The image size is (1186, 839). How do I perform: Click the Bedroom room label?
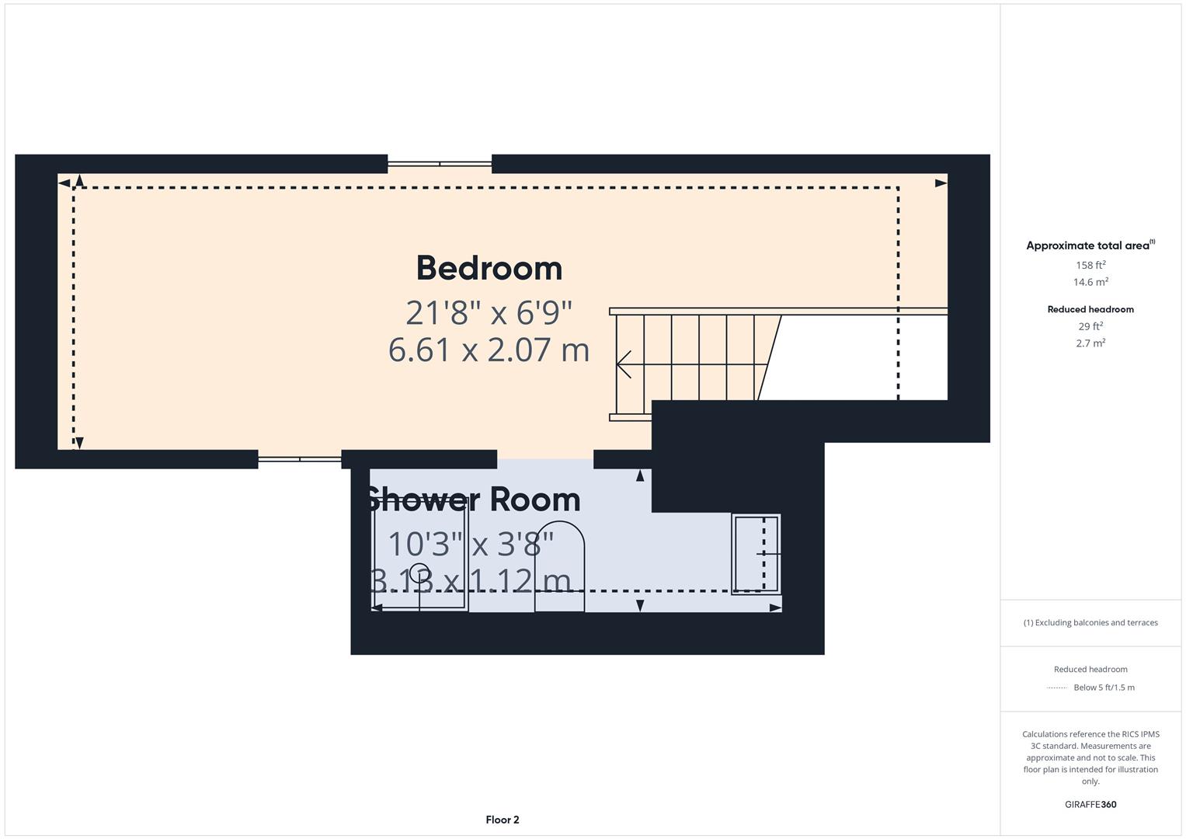pos(489,269)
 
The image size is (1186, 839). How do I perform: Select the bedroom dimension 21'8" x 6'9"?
pos(489,313)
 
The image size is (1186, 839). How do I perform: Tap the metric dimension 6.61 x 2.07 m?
pos(489,350)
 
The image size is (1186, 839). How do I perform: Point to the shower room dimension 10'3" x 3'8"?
pos(471,544)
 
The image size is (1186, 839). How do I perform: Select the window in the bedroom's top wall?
pos(440,164)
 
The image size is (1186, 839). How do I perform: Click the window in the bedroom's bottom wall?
pos(299,459)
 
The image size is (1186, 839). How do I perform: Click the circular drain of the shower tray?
pos(419,572)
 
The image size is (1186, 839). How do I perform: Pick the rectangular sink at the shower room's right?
pos(756,554)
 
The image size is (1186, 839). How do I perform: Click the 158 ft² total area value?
pos(1090,265)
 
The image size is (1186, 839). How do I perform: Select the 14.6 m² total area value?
pos(1090,282)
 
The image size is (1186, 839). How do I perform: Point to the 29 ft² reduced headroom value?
pos(1090,326)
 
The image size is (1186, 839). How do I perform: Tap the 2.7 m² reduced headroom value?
pos(1090,343)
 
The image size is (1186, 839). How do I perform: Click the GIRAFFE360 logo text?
pos(1090,804)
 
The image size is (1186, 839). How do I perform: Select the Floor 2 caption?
pos(503,820)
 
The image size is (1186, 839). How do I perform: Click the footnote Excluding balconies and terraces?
pos(1090,622)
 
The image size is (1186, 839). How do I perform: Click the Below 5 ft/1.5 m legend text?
pos(1104,688)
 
